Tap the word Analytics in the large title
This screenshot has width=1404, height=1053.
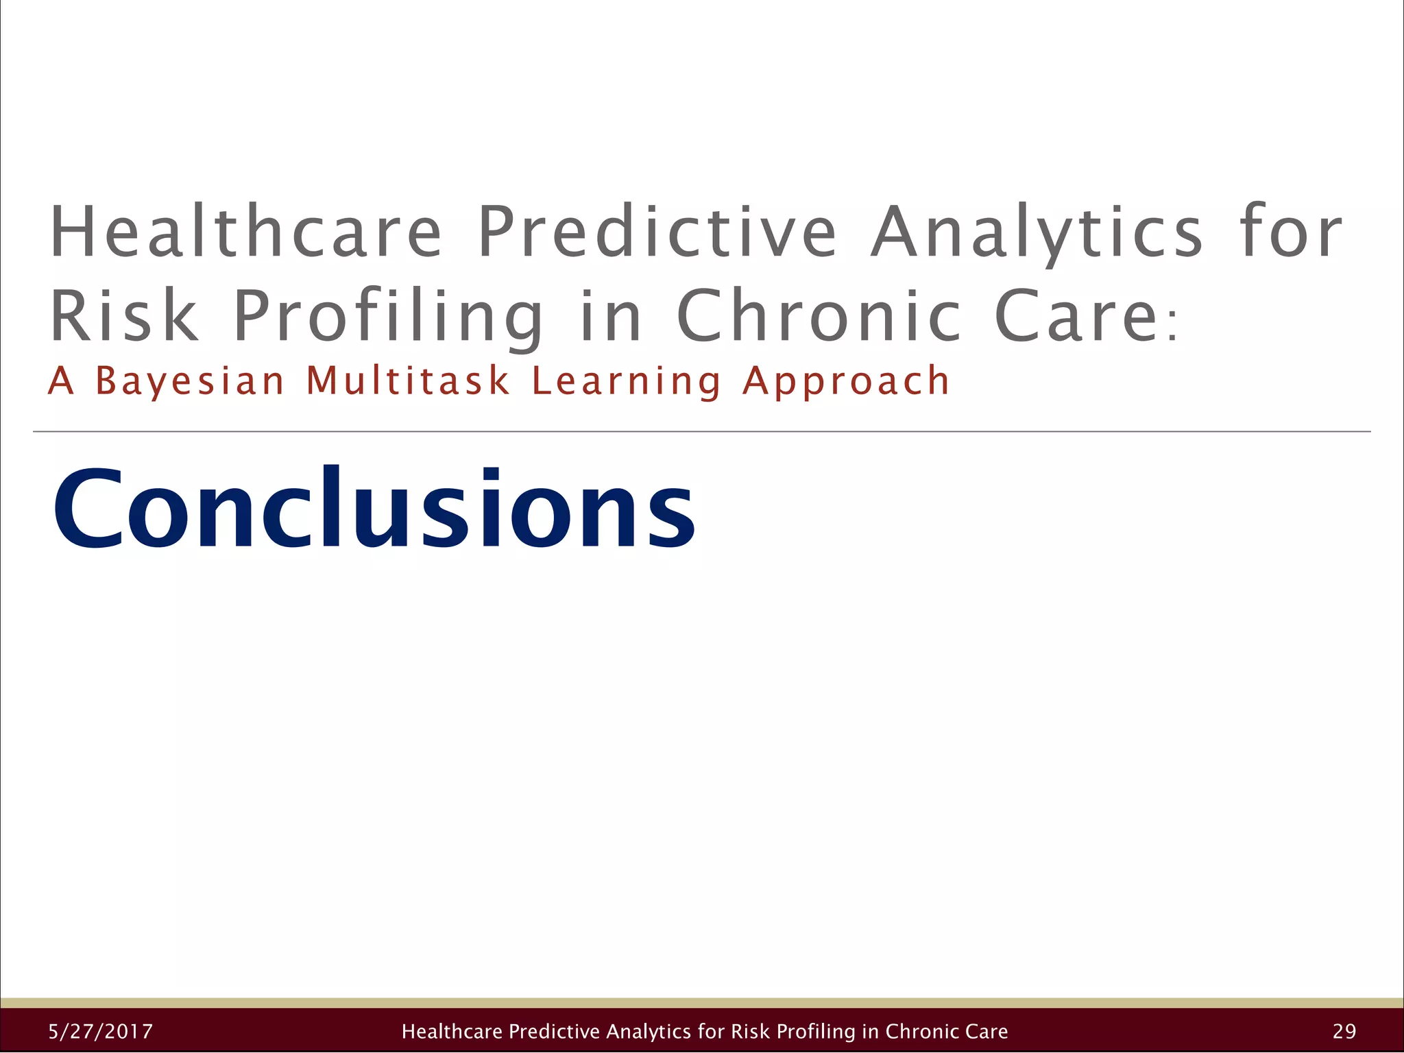1037,233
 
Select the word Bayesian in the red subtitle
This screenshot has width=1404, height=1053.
189,381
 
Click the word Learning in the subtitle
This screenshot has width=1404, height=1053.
627,382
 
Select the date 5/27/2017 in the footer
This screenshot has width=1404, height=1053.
101,1031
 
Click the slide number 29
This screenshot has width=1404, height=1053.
1344,1031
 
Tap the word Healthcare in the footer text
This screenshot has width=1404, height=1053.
452,1031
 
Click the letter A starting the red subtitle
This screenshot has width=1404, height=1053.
60,381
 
